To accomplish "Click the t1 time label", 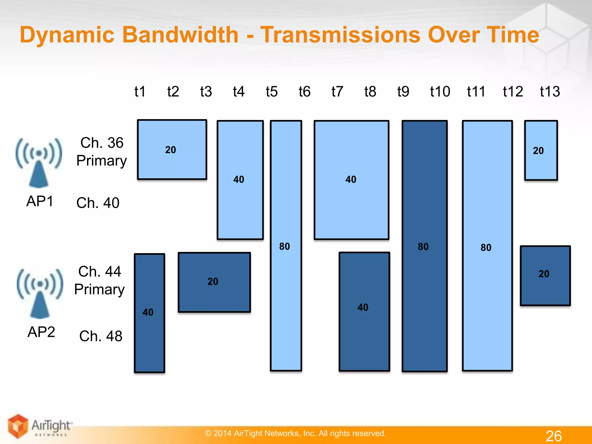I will (140, 92).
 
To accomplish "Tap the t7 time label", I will (337, 92).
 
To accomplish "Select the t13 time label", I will (550, 92).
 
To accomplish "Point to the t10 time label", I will (440, 92).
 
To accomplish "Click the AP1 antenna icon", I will (39, 163).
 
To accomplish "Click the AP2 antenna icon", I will (40, 293).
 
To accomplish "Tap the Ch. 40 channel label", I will (98, 203).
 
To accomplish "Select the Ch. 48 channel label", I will (101, 336).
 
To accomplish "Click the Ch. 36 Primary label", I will (101, 151).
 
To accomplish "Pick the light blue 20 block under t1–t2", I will (172, 150).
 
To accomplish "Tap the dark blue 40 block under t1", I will (149, 313).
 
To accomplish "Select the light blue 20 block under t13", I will (541, 150).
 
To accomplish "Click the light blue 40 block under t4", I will (240, 180).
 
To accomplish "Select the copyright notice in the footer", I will (295, 433).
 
